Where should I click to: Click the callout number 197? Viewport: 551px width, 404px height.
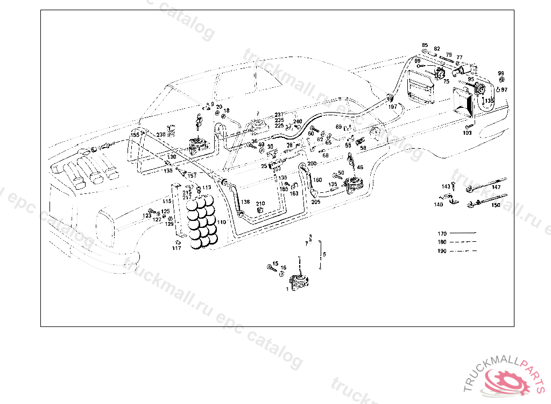click(392, 107)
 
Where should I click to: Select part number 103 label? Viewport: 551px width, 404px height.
click(467, 133)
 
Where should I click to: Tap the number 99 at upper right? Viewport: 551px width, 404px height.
click(501, 73)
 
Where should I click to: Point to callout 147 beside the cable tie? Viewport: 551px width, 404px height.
click(496, 187)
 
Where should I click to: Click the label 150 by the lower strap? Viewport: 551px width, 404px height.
click(496, 205)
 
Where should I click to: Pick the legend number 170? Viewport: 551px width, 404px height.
click(442, 234)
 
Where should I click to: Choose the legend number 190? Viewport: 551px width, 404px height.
click(442, 251)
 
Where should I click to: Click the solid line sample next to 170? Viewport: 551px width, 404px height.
click(463, 234)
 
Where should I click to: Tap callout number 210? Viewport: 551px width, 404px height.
click(260, 204)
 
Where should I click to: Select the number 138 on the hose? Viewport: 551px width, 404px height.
click(245, 202)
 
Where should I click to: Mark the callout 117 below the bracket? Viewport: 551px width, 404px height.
click(176, 248)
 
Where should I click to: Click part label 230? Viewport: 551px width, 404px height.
click(161, 135)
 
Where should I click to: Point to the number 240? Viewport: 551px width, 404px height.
click(298, 121)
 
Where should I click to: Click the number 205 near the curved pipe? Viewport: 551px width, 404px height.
click(315, 201)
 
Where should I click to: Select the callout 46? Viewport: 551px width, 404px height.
click(360, 168)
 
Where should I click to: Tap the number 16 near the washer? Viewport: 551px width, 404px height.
click(284, 268)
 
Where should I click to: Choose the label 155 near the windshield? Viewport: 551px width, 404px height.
click(135, 135)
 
